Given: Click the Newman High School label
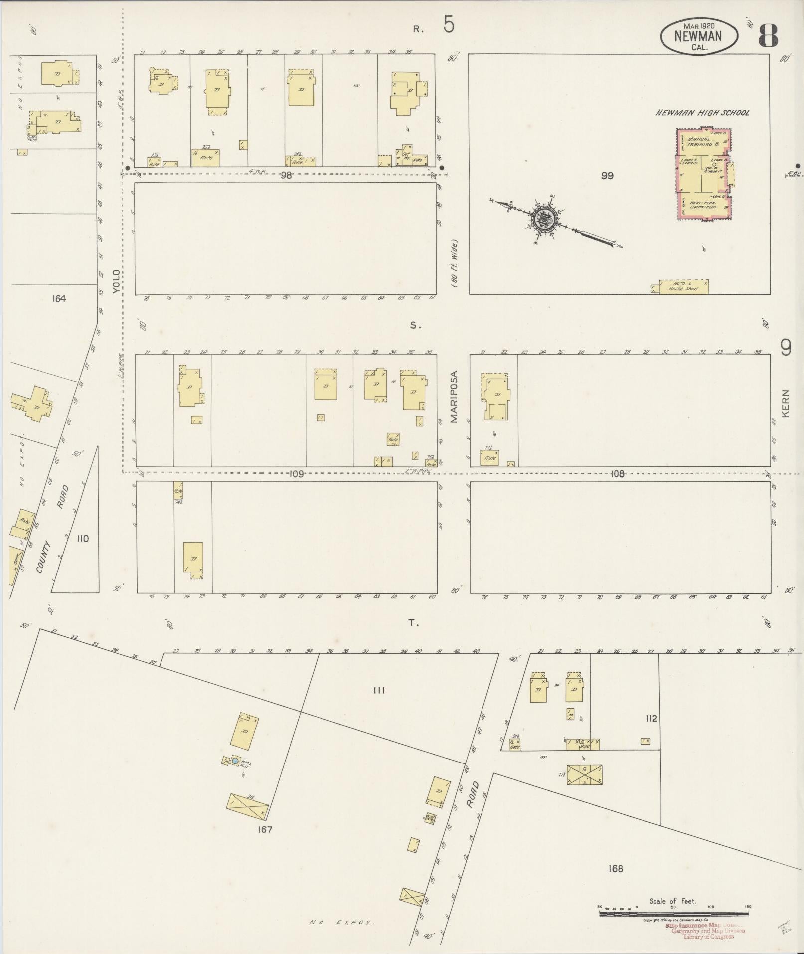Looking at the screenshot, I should coord(702,113).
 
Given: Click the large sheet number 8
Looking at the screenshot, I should coord(769,35).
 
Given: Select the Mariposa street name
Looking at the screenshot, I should coord(454,397).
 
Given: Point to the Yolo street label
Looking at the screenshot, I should coord(116,282).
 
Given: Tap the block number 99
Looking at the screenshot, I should coord(607,176).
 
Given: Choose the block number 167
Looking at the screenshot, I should coord(265,830).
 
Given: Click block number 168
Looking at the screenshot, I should coord(615,869).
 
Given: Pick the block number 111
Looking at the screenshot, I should coord(379,690).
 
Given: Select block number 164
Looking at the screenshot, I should coord(58,299).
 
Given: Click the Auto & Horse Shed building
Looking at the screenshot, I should coord(684,287).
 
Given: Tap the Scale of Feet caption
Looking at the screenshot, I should coord(672,901).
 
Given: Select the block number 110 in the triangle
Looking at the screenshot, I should coord(83,539).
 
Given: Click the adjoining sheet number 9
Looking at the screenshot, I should coord(786,348).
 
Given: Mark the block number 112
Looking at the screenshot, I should coord(651,719).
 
